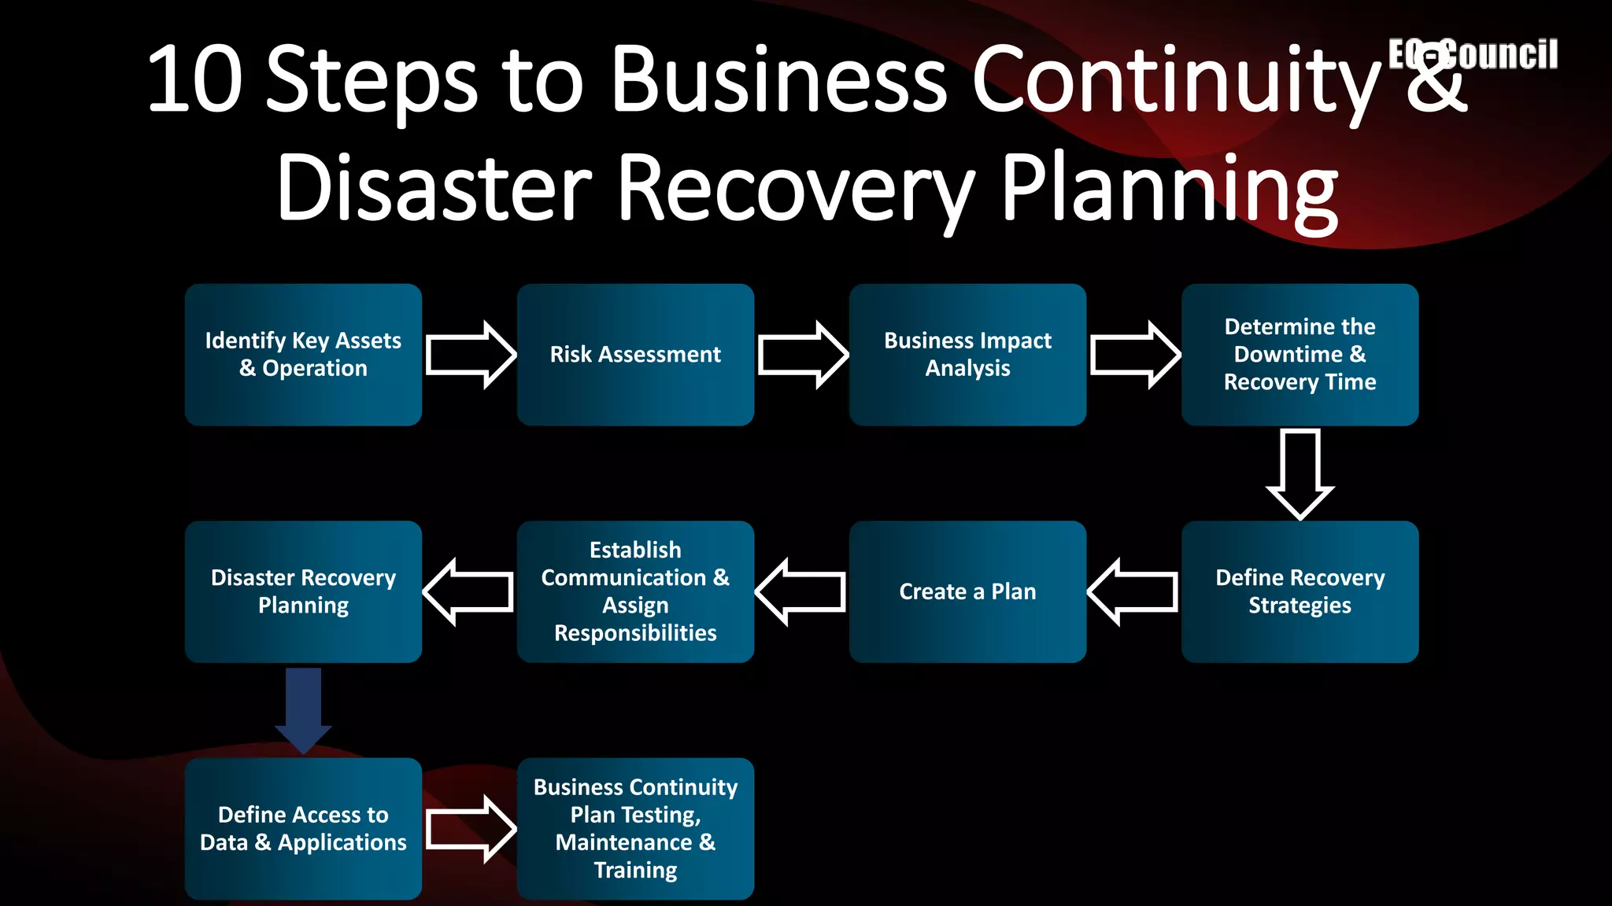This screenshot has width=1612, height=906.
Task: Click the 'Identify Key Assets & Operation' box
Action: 303,355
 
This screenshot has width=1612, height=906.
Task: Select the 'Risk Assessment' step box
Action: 635,355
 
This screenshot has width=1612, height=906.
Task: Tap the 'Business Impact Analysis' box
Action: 967,355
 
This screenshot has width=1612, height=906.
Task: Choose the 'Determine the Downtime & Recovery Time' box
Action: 1300,355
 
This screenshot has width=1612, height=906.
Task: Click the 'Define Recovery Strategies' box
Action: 1300,591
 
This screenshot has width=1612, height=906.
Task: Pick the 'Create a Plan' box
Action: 967,591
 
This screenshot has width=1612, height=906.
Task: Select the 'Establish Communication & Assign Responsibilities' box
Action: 635,591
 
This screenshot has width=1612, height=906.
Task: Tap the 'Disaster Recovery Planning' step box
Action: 303,591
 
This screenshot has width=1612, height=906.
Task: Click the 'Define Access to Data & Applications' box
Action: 303,828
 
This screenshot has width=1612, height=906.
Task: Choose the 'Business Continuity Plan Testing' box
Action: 635,828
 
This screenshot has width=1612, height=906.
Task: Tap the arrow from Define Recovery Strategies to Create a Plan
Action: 1133,591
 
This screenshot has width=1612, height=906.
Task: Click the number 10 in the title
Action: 194,79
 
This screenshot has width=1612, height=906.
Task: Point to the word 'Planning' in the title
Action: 1169,189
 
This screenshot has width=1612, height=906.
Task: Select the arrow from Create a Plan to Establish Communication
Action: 800,591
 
